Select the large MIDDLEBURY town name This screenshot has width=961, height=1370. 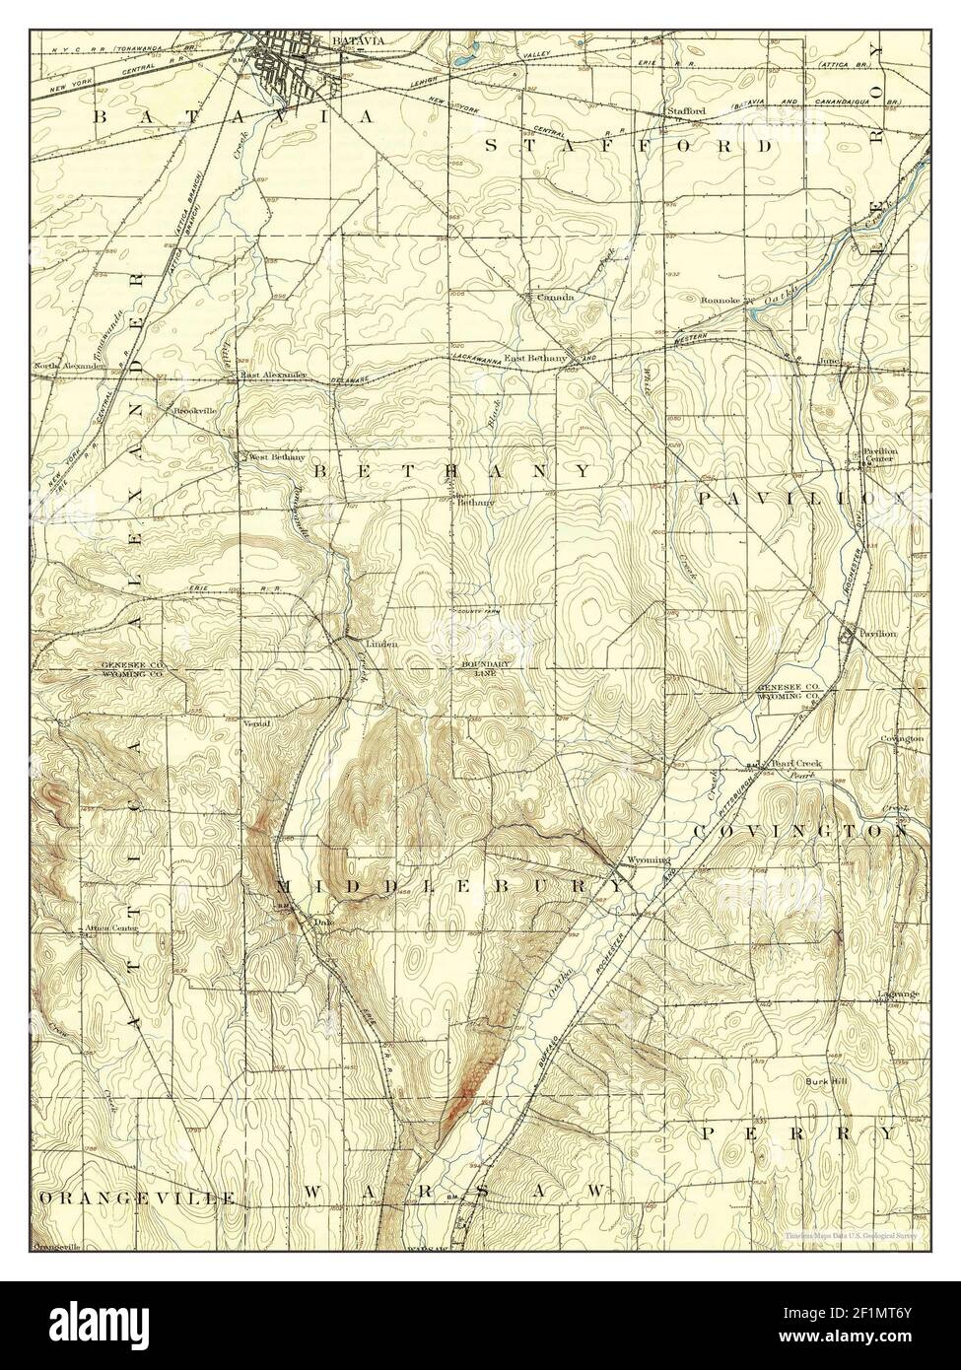tap(451, 885)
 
